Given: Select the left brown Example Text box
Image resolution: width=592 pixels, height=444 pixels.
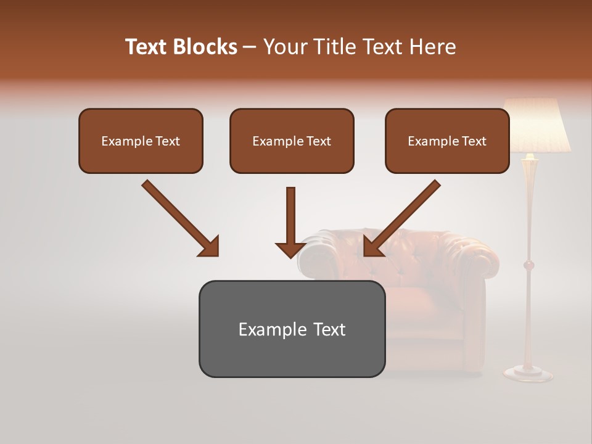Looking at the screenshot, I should (141, 141).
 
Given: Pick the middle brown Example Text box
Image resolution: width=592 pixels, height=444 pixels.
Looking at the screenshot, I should (292, 141).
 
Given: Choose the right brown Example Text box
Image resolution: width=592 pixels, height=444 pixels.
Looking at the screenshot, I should (447, 141).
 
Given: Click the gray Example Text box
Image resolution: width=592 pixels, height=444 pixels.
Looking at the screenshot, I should (292, 329).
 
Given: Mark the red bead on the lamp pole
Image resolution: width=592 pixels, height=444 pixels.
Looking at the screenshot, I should (528, 266).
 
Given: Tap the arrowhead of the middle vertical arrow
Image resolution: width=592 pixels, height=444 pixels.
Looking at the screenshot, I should (290, 250).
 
